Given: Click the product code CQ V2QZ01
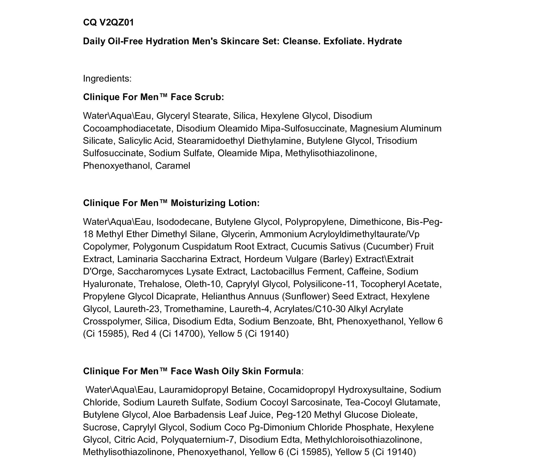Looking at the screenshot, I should tap(108, 22).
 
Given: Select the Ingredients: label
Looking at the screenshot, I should tap(107, 78).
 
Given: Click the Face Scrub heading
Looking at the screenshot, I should tap(153, 97).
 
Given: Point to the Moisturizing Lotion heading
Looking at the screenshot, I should tap(171, 203).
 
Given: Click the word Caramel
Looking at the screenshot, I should tap(173, 166).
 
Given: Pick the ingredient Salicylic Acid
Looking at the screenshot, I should tap(145, 141).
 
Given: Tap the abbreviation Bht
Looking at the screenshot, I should tap(324, 321).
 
